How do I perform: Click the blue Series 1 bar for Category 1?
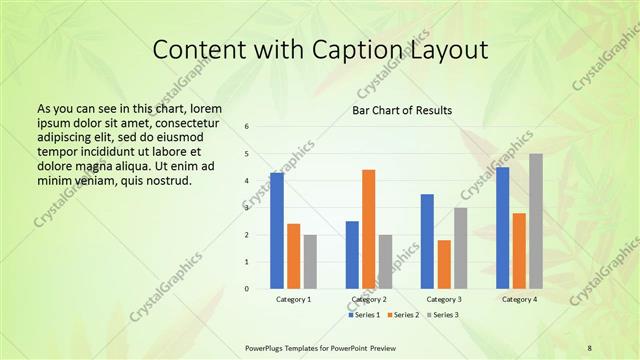(276, 231)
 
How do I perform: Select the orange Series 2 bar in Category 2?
(368, 229)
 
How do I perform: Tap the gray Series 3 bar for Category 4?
(536, 221)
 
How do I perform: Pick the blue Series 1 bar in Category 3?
(427, 241)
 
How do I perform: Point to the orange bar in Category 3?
(444, 264)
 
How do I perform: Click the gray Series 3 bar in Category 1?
(310, 262)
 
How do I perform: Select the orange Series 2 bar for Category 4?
(519, 250)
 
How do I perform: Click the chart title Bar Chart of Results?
(402, 110)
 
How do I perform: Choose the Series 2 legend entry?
(404, 315)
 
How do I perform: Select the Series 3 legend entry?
(443, 315)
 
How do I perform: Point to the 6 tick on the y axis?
(247, 127)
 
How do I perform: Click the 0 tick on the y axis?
(247, 288)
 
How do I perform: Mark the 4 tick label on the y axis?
(247, 181)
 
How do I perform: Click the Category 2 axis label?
(369, 299)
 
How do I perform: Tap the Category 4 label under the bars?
(519, 299)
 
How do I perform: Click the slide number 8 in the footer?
(590, 347)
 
